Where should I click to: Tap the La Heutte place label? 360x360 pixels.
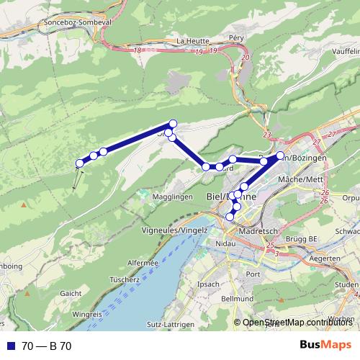(x=190, y=40)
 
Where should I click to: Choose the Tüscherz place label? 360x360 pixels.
(x=125, y=279)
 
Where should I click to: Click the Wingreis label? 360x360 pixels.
(x=87, y=315)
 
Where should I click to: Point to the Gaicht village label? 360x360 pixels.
(x=71, y=293)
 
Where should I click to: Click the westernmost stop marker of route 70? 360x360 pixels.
(x=80, y=163)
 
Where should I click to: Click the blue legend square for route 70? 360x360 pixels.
(x=11, y=346)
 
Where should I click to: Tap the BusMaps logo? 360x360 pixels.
(x=324, y=346)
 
